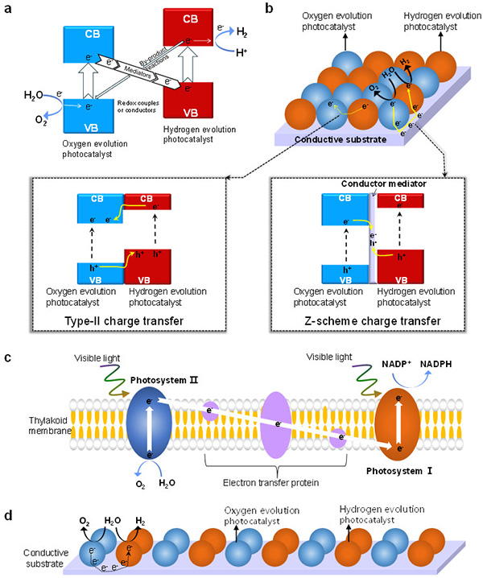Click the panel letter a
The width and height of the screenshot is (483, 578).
[9, 9]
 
